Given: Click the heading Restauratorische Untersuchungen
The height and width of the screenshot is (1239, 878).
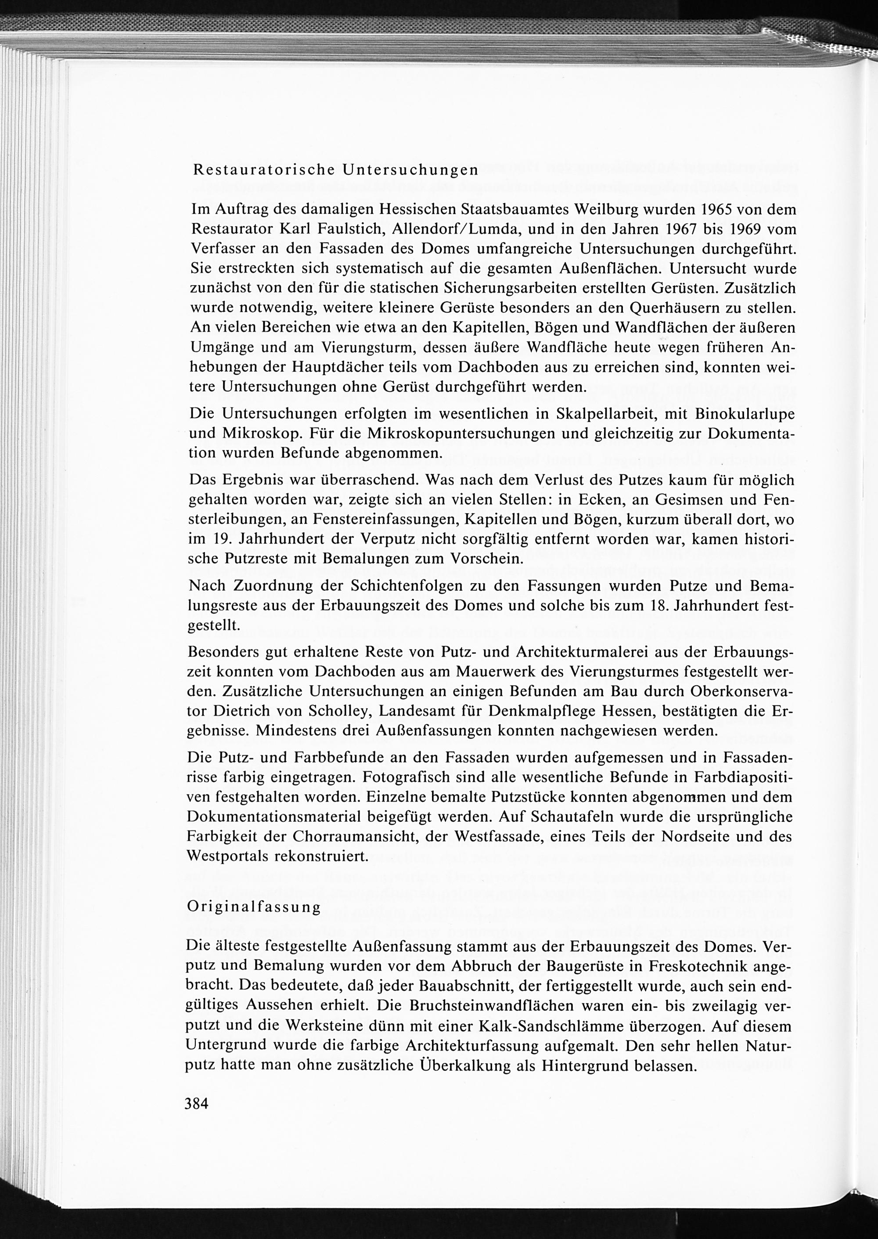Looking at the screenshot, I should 336,170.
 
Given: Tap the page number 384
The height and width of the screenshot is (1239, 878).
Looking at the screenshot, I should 196,1103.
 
